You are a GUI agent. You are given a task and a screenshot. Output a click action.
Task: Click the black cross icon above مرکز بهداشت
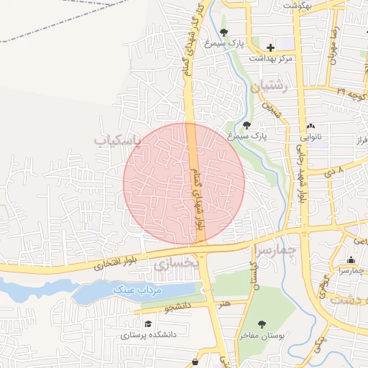pos(270,47)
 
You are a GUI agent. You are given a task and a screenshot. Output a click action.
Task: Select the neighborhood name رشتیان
pos(270,86)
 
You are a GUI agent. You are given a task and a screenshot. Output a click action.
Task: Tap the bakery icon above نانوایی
pos(310,126)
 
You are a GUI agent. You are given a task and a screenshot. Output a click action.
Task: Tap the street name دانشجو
pos(179,308)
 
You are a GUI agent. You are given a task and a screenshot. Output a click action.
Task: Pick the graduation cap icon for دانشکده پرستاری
pos(147,324)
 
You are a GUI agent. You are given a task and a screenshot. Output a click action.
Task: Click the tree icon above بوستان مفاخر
pos(262,325)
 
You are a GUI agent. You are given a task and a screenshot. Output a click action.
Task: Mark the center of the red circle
pos(184,183)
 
